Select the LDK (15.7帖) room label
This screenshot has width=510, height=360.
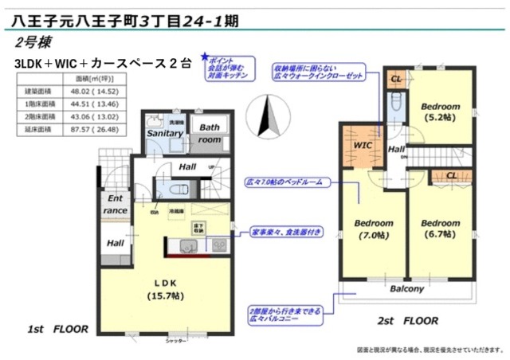click(x=163, y=289)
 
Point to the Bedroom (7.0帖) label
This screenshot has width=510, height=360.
click(x=373, y=229)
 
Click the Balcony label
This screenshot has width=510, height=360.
click(x=406, y=288)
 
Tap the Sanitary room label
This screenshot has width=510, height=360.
click(x=163, y=135)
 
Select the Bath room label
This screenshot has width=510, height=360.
click(x=210, y=133)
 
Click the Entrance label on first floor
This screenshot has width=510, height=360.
click(x=114, y=205)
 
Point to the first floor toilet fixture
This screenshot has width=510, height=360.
click(x=178, y=190)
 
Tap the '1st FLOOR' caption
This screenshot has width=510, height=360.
click(x=58, y=328)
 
